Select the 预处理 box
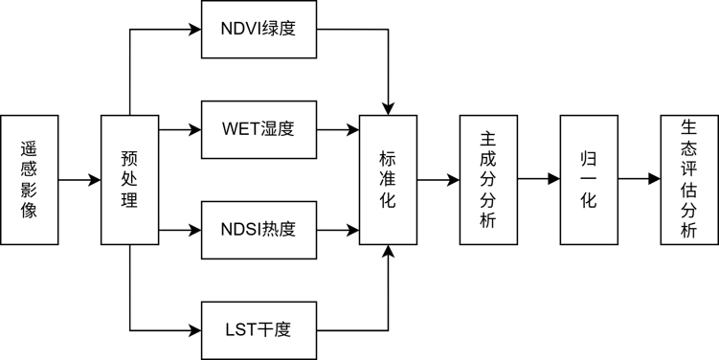pyautogui.click(x=129, y=179)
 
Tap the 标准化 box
pyautogui.click(x=388, y=179)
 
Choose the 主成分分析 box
pyautogui.click(x=487, y=179)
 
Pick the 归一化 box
pyautogui.click(x=588, y=179)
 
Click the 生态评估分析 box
pyautogui.click(x=688, y=179)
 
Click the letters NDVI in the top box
pyautogui.click(x=242, y=29)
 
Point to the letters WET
pyautogui.click(x=240, y=129)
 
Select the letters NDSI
pyautogui.click(x=242, y=230)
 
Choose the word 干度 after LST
pyautogui.click(x=275, y=330)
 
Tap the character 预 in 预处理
pyautogui.click(x=129, y=158)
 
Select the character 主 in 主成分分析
pyautogui.click(x=487, y=139)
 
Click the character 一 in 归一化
pyautogui.click(x=588, y=179)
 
